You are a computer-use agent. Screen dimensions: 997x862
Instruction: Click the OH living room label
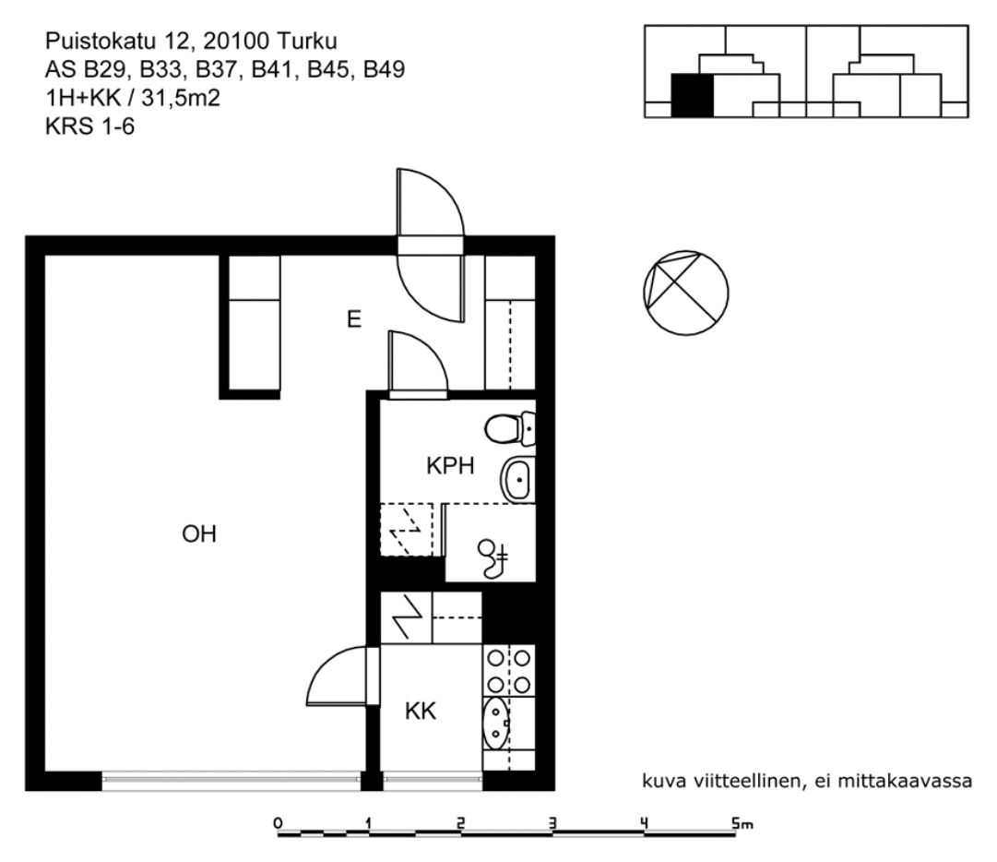point(199,533)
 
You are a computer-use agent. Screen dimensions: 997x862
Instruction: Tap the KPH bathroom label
point(450,466)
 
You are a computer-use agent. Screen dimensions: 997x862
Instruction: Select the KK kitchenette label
point(421,711)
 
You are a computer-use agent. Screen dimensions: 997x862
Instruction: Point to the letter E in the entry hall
point(354,318)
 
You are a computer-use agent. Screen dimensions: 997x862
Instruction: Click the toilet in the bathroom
point(510,429)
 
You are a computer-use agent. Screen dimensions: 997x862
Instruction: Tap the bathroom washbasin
point(518,478)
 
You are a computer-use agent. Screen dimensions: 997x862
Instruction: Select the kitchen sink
point(496,723)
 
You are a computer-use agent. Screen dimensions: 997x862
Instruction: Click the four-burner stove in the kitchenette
point(509,671)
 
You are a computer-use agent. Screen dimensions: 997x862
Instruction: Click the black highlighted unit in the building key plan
point(693,95)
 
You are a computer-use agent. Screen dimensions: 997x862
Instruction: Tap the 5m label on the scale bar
point(742,824)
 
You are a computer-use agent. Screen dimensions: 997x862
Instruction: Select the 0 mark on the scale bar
point(278,823)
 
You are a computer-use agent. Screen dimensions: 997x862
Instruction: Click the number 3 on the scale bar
point(552,823)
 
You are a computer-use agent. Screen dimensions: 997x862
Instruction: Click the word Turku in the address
point(307,41)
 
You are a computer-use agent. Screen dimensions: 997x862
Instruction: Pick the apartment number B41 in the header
point(273,68)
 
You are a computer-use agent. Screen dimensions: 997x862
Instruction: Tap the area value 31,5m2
point(181,98)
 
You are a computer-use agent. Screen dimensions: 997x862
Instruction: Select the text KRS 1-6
point(89,126)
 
